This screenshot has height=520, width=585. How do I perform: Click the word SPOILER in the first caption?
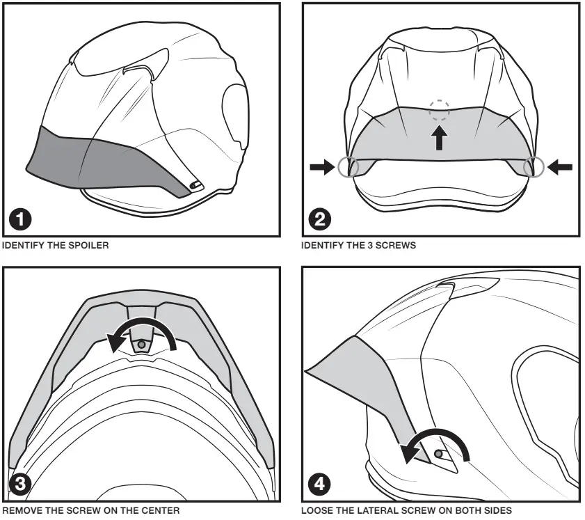(x=92, y=245)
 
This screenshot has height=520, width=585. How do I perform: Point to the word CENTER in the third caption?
(x=163, y=511)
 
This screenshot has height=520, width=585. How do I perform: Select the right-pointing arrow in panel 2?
(x=323, y=166)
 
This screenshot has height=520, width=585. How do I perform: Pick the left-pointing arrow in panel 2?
(x=559, y=166)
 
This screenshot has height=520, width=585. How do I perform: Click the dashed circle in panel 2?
(x=439, y=109)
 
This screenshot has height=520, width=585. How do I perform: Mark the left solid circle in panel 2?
(x=347, y=166)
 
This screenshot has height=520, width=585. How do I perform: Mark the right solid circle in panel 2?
(x=534, y=166)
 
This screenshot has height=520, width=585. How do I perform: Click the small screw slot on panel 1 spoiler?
(x=195, y=184)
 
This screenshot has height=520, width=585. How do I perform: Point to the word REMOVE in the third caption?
(x=22, y=511)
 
